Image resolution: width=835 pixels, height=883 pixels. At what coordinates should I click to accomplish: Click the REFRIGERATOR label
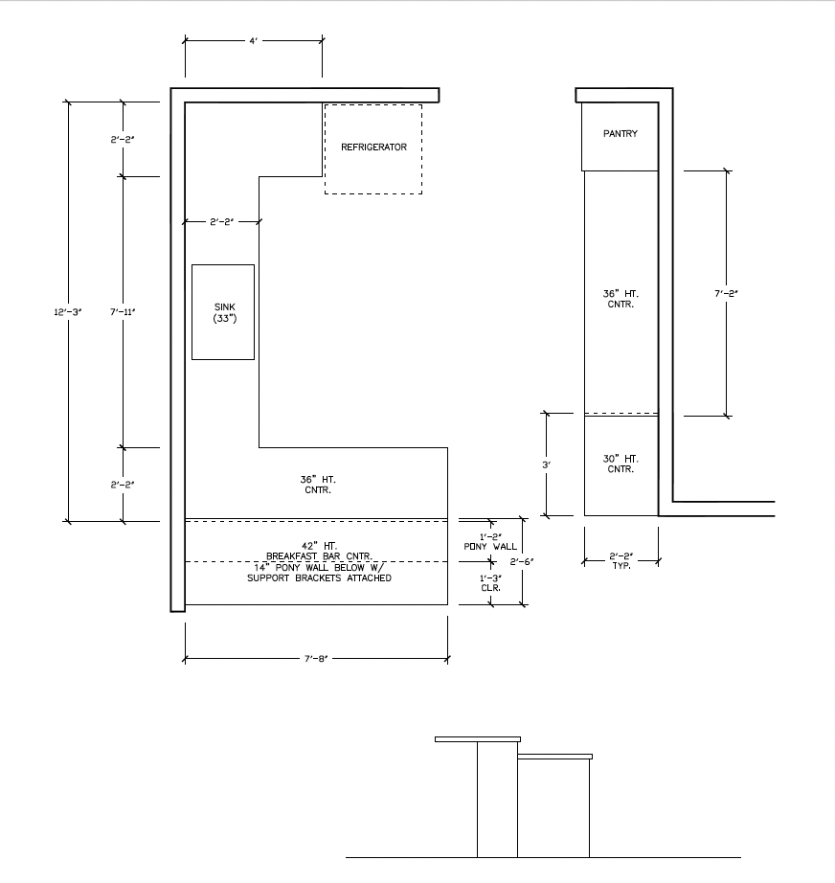click(373, 147)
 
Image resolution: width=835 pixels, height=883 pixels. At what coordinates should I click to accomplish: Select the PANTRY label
click(621, 133)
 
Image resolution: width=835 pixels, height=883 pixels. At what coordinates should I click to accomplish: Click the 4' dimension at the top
click(254, 41)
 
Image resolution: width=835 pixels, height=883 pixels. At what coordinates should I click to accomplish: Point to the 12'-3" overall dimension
click(68, 312)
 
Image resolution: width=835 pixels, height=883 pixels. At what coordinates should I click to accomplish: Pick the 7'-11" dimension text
click(123, 312)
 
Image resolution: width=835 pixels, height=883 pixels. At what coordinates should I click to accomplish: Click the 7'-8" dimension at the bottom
click(316, 659)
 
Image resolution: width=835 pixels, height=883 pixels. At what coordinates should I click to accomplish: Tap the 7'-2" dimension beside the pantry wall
click(727, 293)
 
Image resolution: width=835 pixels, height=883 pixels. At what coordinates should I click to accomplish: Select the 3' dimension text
click(546, 465)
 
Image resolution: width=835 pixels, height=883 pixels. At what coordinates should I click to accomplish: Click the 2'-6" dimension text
click(522, 561)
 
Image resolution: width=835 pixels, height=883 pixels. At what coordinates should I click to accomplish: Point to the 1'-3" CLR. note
click(490, 583)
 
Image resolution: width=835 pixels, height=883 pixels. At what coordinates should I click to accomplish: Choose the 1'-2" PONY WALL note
click(490, 542)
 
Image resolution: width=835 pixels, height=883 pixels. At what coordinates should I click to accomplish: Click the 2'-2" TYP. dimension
click(621, 561)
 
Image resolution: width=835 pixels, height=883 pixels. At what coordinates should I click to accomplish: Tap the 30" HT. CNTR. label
click(621, 464)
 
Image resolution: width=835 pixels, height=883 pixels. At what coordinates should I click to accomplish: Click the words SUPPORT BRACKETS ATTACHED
click(319, 577)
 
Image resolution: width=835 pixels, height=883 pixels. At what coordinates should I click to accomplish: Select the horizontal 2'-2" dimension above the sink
click(222, 222)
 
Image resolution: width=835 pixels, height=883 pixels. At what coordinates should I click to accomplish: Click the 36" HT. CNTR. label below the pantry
click(621, 299)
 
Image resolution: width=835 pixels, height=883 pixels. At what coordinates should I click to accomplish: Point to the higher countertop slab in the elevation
click(478, 739)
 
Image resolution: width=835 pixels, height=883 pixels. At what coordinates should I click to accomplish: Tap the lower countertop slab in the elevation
click(554, 757)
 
